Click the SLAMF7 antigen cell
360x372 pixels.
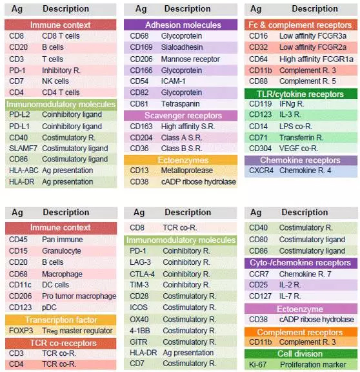click(x=23, y=149)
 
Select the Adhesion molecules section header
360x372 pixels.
click(x=183, y=25)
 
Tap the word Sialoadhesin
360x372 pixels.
click(x=182, y=47)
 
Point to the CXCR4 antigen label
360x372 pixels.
click(x=261, y=170)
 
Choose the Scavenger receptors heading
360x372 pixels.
click(x=183, y=116)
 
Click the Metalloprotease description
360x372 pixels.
click(x=186, y=170)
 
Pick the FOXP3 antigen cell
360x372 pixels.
click(x=21, y=331)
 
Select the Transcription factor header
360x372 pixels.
click(x=61, y=320)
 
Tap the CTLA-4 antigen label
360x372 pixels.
click(x=142, y=274)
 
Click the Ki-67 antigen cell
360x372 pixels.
click(x=257, y=364)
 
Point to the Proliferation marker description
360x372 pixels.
click(x=313, y=364)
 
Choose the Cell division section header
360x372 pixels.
click(x=300, y=354)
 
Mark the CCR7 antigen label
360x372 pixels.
click(x=259, y=274)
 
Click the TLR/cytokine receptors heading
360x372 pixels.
click(x=300, y=94)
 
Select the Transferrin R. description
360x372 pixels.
click(x=301, y=138)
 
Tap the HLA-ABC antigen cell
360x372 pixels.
click(x=23, y=170)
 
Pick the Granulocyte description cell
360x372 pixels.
click(x=61, y=251)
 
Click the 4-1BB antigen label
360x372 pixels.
click(x=139, y=331)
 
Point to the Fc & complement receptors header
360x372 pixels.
click(x=300, y=25)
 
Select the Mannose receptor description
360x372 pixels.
click(x=190, y=59)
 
